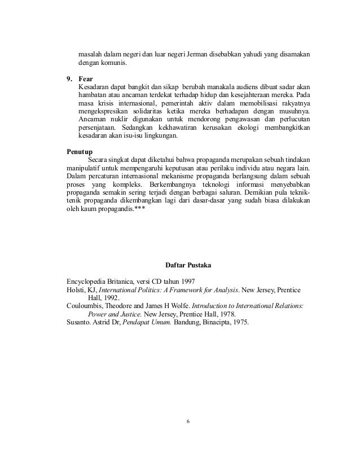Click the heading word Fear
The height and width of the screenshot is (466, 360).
tap(86, 78)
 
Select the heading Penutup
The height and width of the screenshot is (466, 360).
tap(79, 152)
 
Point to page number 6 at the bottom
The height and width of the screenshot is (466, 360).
tap(188, 421)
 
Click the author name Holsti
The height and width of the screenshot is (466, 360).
tap(76, 290)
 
